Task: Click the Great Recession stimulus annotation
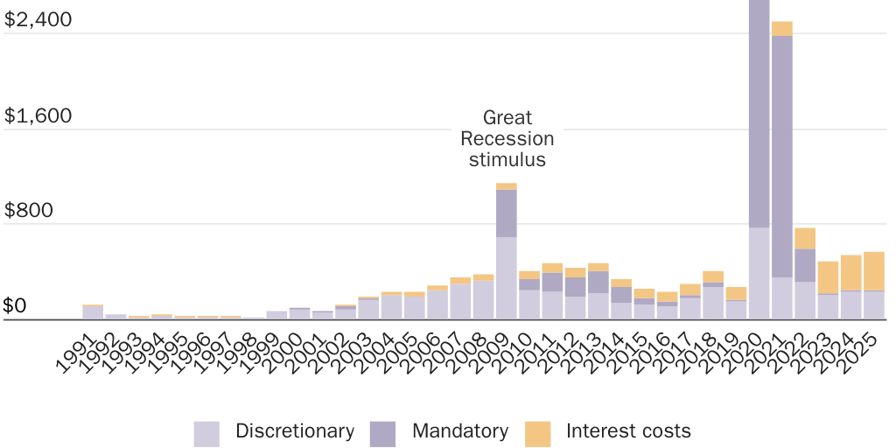point(507,138)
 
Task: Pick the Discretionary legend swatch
point(206,433)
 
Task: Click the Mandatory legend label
point(459,431)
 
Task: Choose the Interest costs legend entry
point(628,431)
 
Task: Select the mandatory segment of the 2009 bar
point(507,213)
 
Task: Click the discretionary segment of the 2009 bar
point(507,278)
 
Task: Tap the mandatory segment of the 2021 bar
point(782,157)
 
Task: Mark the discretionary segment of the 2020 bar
point(759,273)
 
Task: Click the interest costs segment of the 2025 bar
point(874,271)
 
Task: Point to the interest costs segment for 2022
point(805,238)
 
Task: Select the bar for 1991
point(93,312)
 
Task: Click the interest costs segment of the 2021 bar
point(782,29)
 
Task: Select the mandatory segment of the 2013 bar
point(598,282)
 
